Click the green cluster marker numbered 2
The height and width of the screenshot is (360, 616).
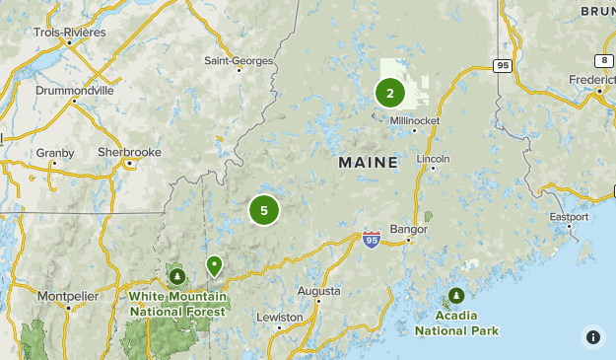tap(390, 94)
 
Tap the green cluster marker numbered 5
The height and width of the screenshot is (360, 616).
tap(264, 210)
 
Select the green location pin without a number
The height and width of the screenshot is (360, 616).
tap(214, 265)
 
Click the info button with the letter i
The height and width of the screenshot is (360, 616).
tap(593, 337)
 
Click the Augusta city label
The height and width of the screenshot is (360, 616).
tap(320, 291)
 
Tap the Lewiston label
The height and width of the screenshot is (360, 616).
tap(280, 318)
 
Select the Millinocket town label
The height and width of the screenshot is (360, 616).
tap(414, 121)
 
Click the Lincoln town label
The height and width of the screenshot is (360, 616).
tap(433, 158)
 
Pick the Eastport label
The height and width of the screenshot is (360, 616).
tap(569, 216)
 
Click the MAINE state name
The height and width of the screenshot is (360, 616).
tap(368, 162)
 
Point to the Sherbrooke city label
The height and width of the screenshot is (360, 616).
tap(129, 152)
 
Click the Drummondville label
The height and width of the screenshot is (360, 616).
tap(74, 90)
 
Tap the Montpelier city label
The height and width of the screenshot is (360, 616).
tap(67, 295)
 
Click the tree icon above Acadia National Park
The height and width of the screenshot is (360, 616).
tap(456, 296)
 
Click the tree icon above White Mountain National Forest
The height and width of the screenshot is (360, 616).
tap(177, 276)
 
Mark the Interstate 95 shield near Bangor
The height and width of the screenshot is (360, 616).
tap(371, 239)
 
